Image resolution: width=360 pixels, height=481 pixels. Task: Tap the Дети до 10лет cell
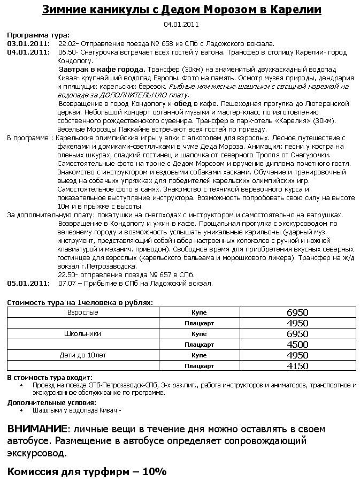(83, 355)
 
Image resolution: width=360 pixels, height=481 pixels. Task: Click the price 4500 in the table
(297, 345)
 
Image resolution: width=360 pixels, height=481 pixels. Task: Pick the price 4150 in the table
(297, 366)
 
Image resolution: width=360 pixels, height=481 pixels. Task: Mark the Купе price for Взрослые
(297, 312)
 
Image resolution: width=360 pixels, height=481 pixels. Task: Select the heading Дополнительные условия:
(52, 402)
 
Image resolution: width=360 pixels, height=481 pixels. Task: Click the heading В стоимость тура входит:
(50, 378)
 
